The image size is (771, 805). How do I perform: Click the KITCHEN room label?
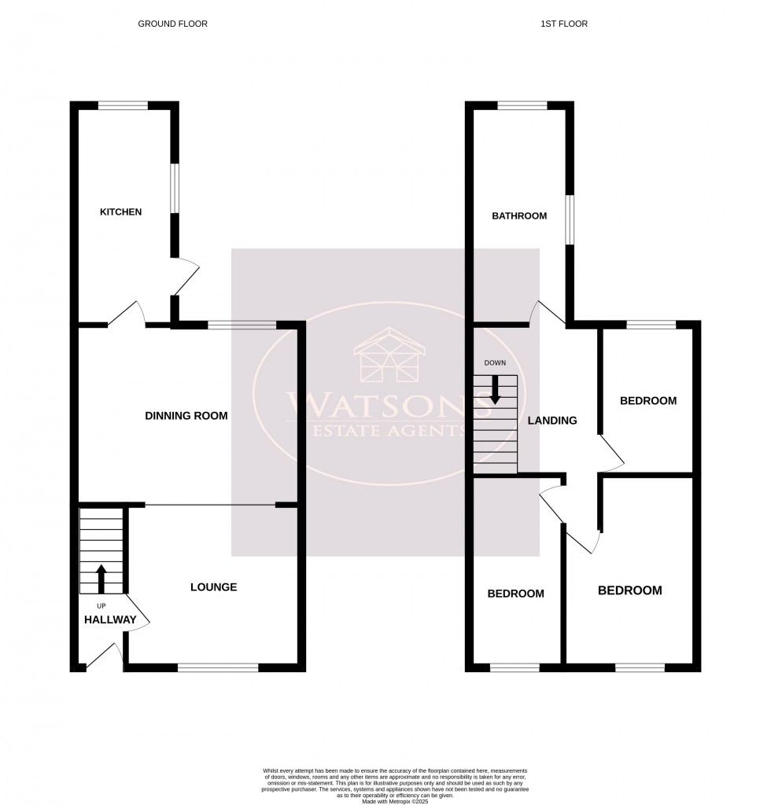(x=120, y=211)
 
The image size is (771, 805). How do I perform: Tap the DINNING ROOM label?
(x=186, y=416)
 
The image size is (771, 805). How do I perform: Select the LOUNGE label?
(x=213, y=587)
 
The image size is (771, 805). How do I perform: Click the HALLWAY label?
(x=110, y=620)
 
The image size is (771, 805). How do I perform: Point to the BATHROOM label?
(x=518, y=216)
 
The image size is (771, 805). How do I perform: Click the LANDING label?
(x=552, y=421)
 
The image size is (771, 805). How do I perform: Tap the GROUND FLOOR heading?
(x=172, y=24)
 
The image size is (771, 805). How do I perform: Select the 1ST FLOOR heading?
(x=563, y=24)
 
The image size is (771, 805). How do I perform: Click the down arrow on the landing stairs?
(x=495, y=390)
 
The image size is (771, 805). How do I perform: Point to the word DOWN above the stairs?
(x=495, y=363)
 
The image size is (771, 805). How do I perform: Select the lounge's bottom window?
(x=218, y=667)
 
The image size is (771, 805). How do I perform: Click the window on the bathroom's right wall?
(x=570, y=219)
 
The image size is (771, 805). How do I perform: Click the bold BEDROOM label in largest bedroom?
(x=629, y=590)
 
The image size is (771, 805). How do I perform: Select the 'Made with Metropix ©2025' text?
(x=394, y=802)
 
